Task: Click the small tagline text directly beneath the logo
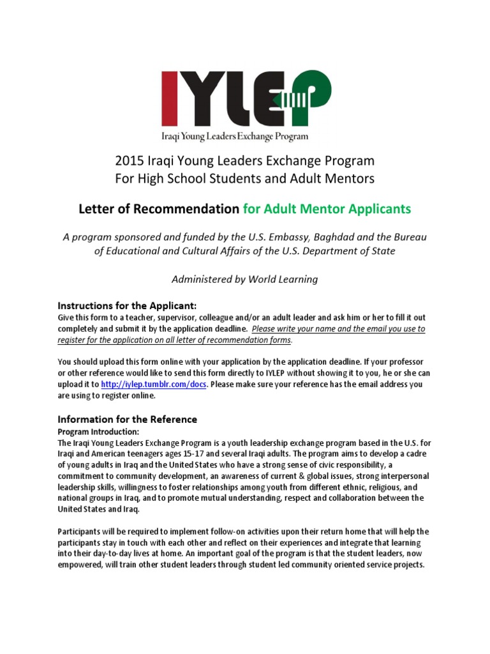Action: [x=234, y=135]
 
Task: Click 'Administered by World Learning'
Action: [x=245, y=279]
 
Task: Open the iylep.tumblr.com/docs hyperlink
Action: [x=154, y=384]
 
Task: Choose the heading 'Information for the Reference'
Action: [x=128, y=420]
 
